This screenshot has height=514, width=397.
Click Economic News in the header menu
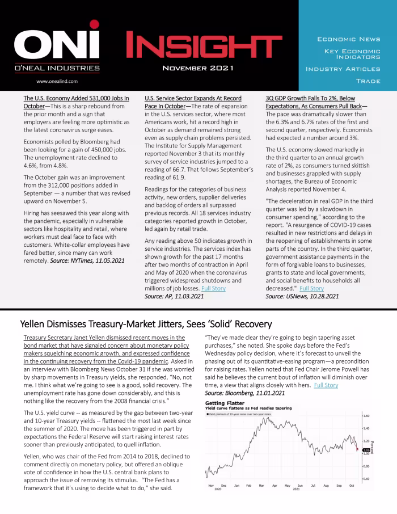coord(348,39)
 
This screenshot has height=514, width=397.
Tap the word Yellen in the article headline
coord(36,324)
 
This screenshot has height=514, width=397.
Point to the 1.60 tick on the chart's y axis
coord(366,415)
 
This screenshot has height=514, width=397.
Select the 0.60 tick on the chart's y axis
coord(366,479)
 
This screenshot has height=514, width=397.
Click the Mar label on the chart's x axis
coord(261,486)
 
